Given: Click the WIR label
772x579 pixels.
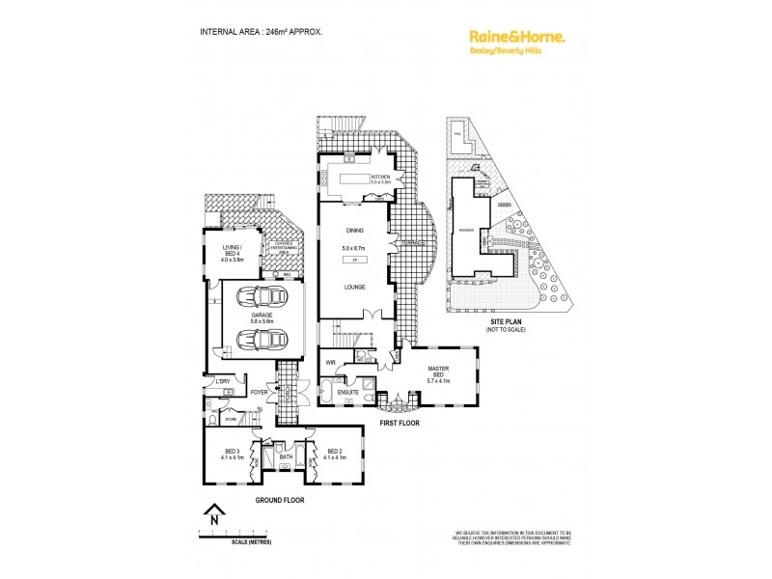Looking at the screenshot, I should (x=330, y=364).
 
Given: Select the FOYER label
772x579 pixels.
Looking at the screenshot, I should (x=259, y=394).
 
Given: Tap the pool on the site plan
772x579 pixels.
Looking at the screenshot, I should (x=459, y=138).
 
